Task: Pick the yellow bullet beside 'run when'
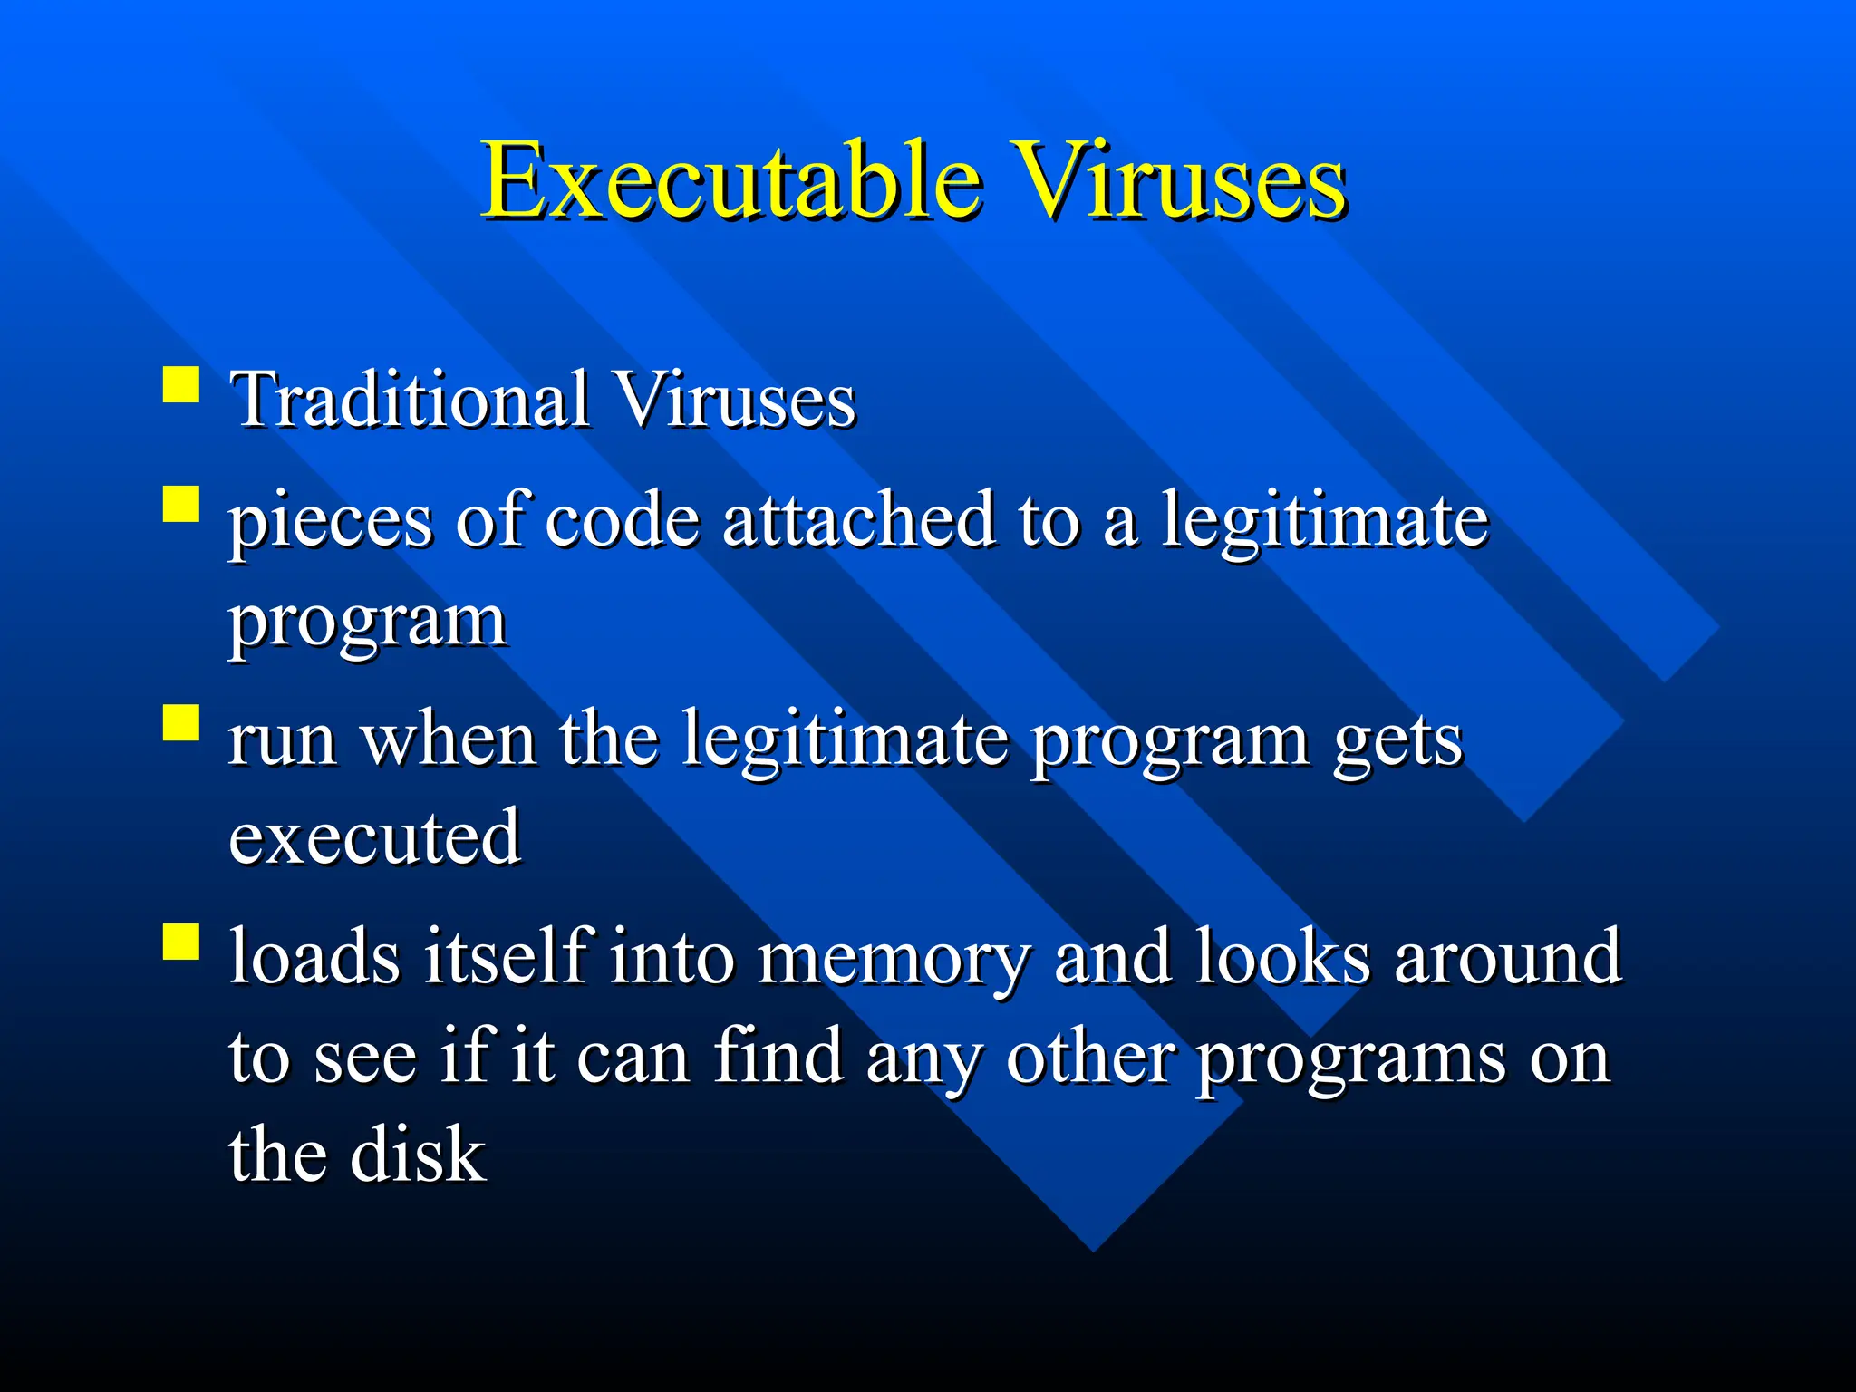click(181, 723)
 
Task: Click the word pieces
click(330, 524)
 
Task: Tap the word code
click(623, 520)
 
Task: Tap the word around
click(1507, 957)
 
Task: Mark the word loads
click(314, 957)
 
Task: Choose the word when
click(449, 739)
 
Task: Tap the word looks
click(1281, 957)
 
